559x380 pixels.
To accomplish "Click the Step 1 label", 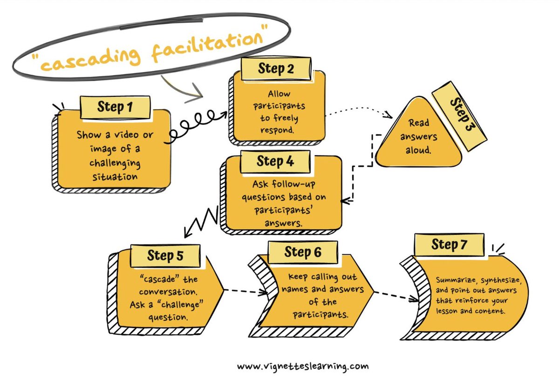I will pyautogui.click(x=114, y=108).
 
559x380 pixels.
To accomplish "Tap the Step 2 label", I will pyautogui.click(x=276, y=69).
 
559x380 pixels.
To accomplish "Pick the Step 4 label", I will pyautogui.click(x=275, y=162).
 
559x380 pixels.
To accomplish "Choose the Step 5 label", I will pyautogui.click(x=165, y=255).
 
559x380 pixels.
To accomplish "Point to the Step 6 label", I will pyautogui.click(x=303, y=252).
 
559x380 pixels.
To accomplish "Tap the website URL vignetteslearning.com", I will pyautogui.click(x=302, y=366).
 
